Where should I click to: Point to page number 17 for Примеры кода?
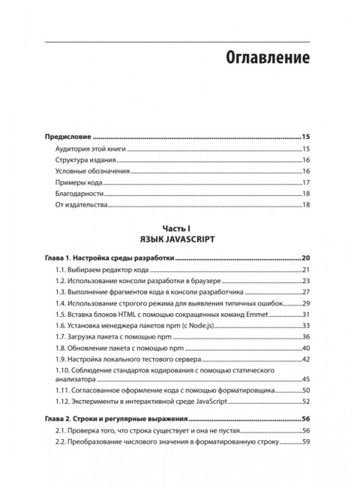(306, 182)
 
